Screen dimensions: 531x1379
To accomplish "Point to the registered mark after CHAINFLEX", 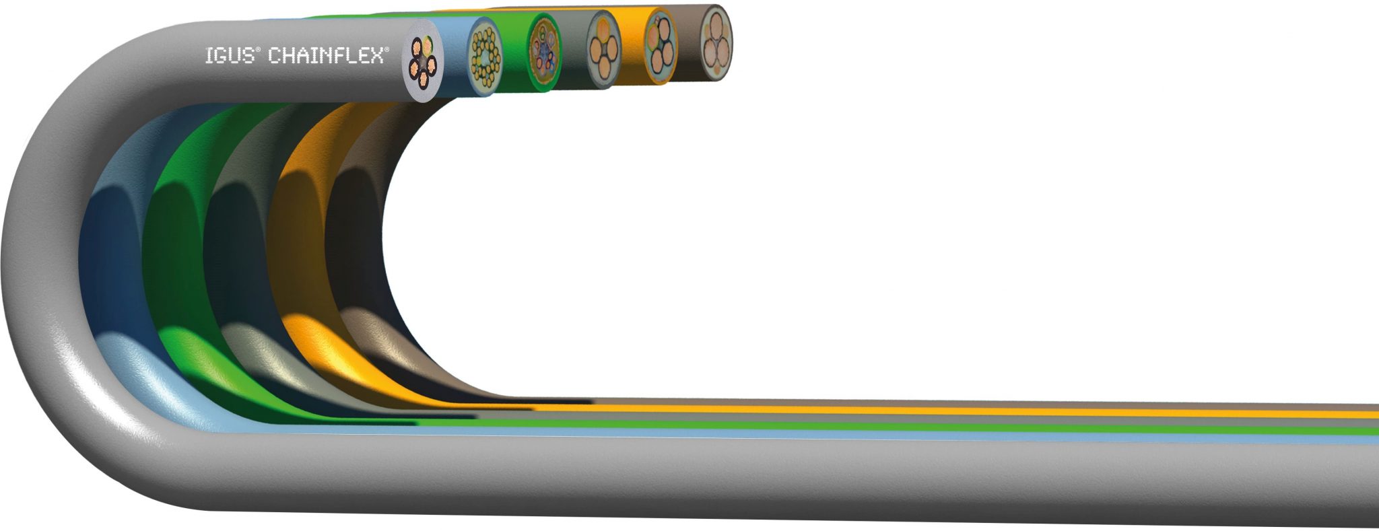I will pos(386,49).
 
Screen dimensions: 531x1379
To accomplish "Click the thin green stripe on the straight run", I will pos(943,426).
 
